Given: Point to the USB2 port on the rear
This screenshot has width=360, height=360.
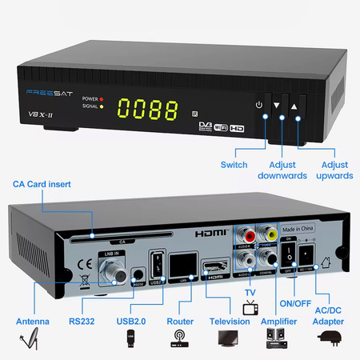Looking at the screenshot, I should click(158, 264).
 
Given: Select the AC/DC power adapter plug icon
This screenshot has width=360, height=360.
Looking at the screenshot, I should click(328, 340).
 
